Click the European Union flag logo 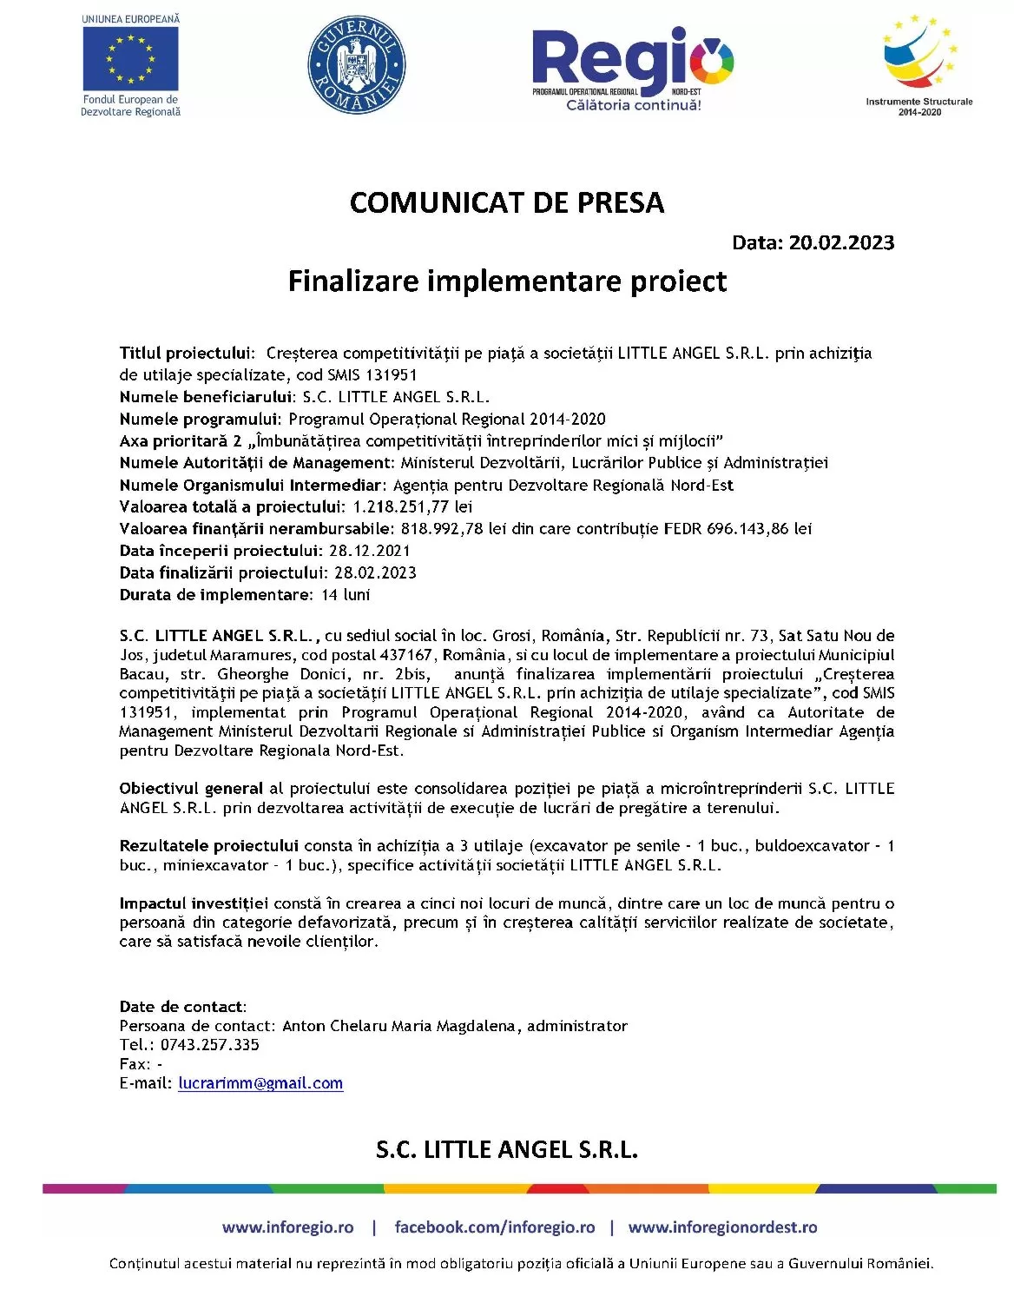130,58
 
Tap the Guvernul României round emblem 356,64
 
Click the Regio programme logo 632,68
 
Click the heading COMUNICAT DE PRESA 507,202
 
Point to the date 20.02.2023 841,242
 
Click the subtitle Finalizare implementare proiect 507,281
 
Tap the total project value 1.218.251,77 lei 412,506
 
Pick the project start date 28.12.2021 370,551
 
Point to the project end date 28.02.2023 375,572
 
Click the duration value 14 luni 346,595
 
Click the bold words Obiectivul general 191,789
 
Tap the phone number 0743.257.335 209,1045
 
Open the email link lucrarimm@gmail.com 260,1083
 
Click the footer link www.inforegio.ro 287,1227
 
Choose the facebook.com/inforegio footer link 494,1227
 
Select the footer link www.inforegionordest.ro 722,1227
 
